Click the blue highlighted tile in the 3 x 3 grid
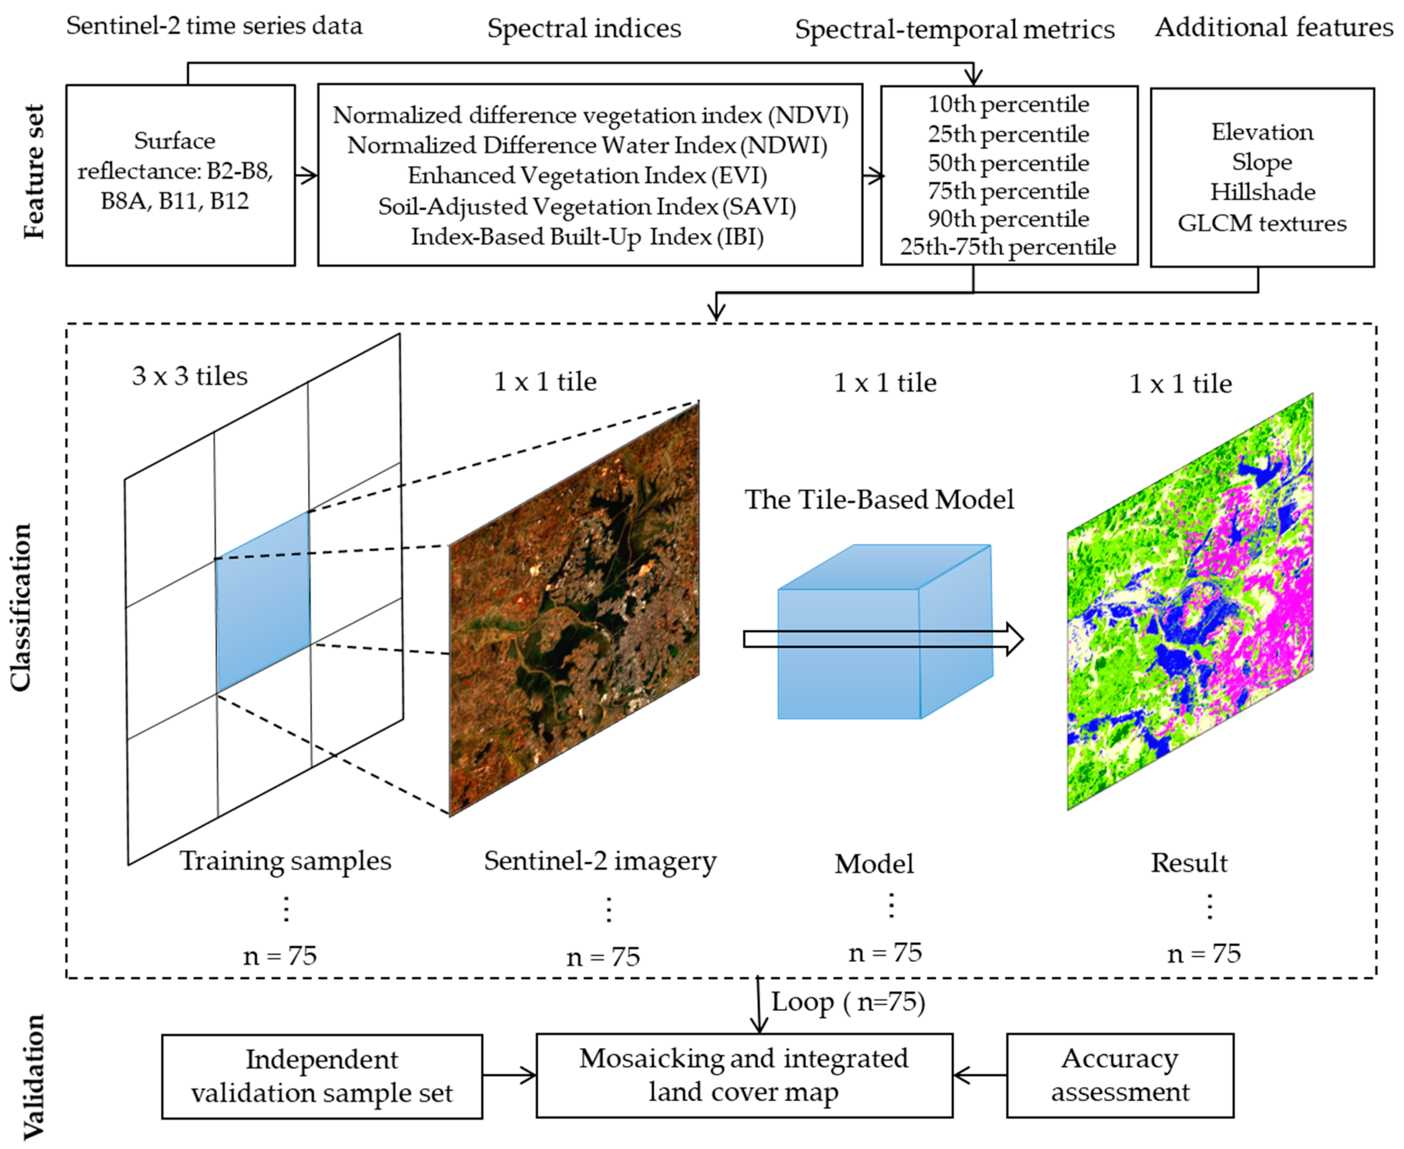tap(263, 602)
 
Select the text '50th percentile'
tap(1008, 163)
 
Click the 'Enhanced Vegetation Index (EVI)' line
tap(587, 175)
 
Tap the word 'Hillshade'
tap(1262, 192)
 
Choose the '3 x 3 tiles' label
tap(190, 376)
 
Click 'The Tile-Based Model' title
tap(879, 499)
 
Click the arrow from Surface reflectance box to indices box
tap(306, 175)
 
